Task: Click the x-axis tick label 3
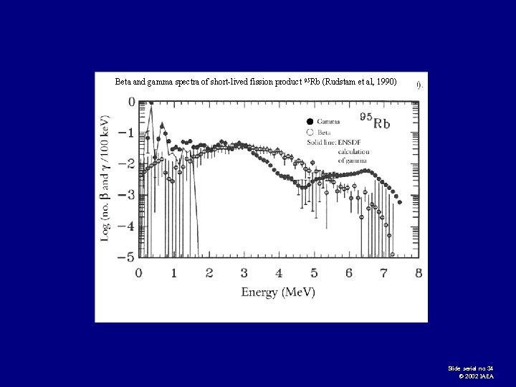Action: tap(244, 273)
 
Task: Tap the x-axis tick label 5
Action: tap(314, 273)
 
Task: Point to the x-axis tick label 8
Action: tap(419, 273)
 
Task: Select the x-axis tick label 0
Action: tap(139, 273)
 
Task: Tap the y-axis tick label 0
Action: tap(131, 102)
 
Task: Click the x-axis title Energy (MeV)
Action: tap(278, 292)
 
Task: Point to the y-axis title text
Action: tap(105, 178)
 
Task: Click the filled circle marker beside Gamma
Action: tap(310, 121)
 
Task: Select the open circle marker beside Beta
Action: tap(310, 132)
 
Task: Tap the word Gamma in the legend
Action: tap(328, 121)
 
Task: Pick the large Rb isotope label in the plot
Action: tap(376, 123)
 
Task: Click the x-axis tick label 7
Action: tap(383, 273)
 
